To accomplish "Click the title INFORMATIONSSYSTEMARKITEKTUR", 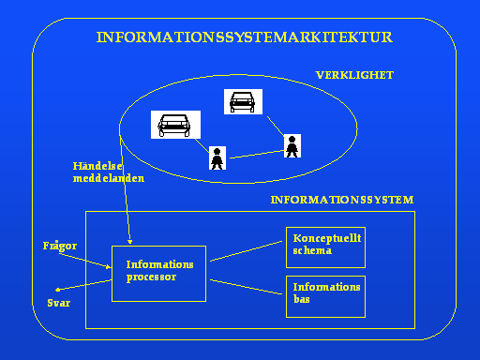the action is tap(245, 37).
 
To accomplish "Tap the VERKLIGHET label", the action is tap(354, 75).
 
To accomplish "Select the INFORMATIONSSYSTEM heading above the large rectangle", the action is tap(342, 200).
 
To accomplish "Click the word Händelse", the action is tap(97, 166).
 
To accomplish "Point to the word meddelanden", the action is tap(109, 178).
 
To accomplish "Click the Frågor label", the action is tap(60, 246).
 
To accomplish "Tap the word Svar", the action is tap(59, 303).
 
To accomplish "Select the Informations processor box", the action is tap(158, 274).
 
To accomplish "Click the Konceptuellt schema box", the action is tap(325, 247).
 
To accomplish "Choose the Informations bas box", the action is tap(325, 296).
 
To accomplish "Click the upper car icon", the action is tap(243, 101).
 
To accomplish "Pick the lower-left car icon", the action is tap(175, 125).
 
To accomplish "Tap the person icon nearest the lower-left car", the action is tap(217, 158).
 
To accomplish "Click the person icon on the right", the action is tap(292, 146).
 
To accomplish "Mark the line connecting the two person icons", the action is tap(257, 155).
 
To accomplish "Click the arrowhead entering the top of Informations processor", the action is tap(130, 242).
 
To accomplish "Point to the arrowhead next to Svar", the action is tap(57, 290).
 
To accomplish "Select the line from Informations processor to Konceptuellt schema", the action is tap(246, 251).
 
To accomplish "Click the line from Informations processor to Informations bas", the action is tap(246, 287).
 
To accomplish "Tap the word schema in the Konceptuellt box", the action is tap(312, 250).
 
